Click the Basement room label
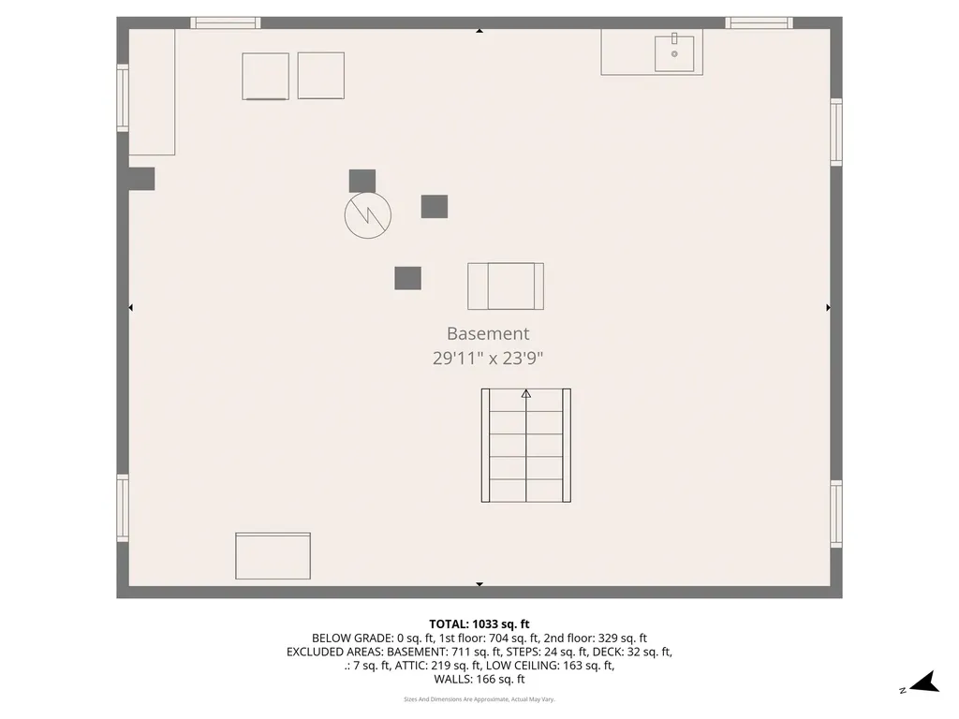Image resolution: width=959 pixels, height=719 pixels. click(487, 333)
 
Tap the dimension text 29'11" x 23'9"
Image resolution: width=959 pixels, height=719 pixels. click(487, 357)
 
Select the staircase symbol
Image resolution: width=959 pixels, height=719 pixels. click(525, 446)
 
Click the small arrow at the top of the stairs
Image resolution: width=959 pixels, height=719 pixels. click(525, 394)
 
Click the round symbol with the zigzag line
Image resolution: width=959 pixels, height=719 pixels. click(368, 215)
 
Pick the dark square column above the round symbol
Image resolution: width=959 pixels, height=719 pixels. click(362, 181)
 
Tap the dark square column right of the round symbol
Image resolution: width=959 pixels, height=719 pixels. click(435, 206)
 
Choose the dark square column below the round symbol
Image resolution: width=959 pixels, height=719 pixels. click(407, 278)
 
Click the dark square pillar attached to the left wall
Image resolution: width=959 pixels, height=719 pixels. click(141, 179)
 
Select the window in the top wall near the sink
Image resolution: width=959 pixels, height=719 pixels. click(759, 22)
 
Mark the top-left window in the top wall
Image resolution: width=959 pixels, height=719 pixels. click(226, 22)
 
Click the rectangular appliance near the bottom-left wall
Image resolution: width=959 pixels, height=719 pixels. click(273, 556)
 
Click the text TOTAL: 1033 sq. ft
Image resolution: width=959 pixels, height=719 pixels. click(479, 624)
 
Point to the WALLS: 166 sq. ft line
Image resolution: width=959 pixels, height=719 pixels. click(479, 680)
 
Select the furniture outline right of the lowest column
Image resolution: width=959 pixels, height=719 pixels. click(506, 286)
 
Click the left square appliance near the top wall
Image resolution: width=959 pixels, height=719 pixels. click(266, 76)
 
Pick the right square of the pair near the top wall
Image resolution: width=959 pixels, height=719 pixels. click(321, 76)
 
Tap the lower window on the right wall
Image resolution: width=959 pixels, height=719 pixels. click(835, 513)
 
